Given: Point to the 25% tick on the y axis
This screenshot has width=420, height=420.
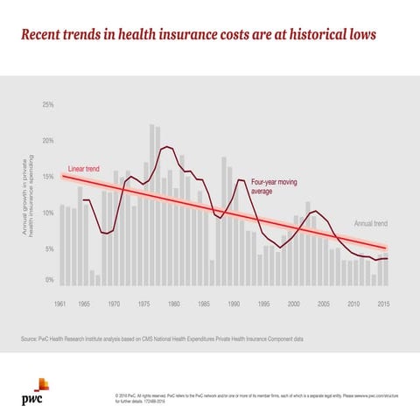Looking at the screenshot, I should coord(48,105).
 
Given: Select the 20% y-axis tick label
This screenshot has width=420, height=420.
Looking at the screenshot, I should coord(48,141).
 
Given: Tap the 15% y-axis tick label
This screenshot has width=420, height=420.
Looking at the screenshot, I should coord(48,177).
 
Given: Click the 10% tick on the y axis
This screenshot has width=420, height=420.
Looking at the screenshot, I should coord(48,213).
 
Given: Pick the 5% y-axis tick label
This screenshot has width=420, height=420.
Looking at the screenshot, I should coord(50,249).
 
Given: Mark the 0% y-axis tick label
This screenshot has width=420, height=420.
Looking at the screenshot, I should coord(50,280).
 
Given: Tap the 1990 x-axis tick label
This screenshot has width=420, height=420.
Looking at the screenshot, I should coord(234,304).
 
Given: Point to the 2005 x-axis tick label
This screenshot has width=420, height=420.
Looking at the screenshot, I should coord(324,304).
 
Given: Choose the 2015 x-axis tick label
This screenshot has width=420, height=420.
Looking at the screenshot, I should coord(383,304).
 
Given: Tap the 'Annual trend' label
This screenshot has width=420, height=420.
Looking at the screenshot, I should coord(371,223).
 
